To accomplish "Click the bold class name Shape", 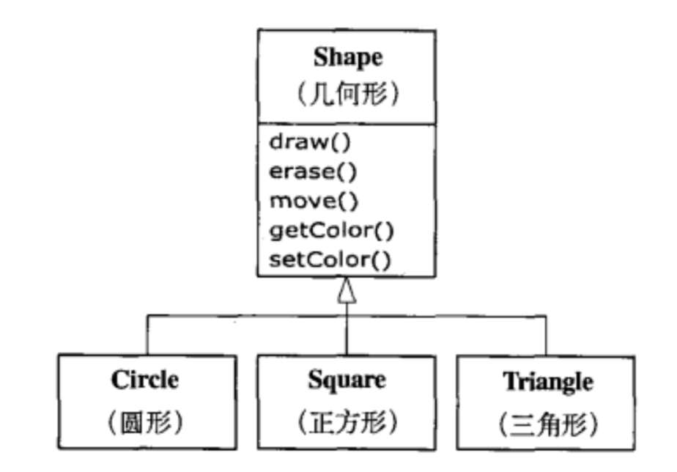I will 347,59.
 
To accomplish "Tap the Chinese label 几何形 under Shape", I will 347,95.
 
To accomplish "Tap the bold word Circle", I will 145,380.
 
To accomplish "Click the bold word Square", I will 347,380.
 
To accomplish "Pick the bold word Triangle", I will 547,381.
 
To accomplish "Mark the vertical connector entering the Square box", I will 347,333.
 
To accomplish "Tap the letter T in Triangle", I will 509,381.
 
